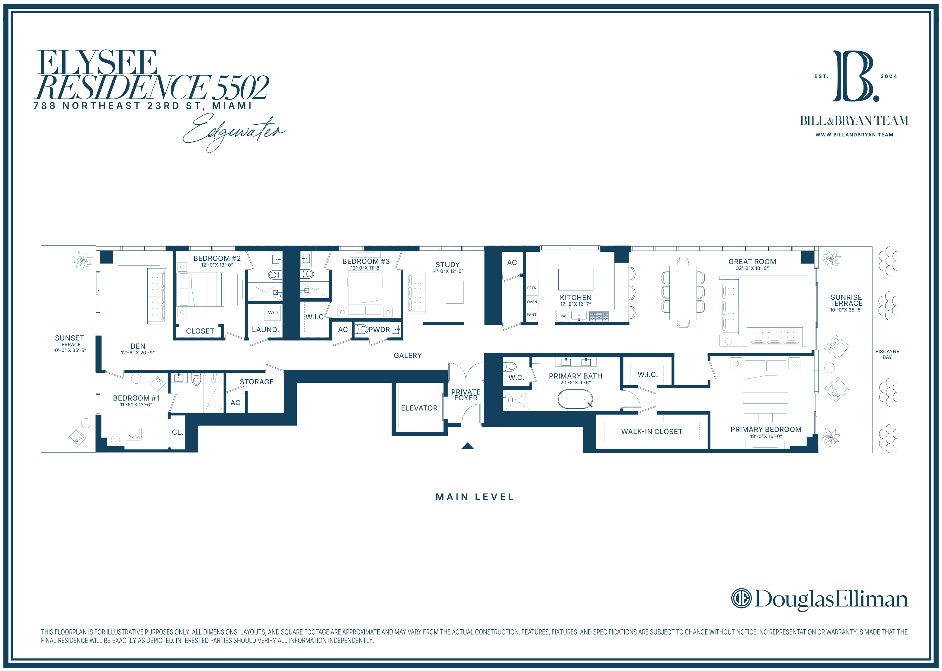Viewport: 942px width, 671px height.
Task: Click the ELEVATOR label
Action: point(419,408)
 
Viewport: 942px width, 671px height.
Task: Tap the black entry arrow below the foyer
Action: point(467,446)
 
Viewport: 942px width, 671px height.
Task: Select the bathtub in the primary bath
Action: point(575,399)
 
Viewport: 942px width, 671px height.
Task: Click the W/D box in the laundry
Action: point(273,313)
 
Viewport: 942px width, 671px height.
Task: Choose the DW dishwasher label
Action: point(562,316)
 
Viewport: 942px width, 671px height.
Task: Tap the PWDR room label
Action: point(379,330)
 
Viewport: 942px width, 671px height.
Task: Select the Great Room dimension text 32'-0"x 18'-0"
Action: point(752,268)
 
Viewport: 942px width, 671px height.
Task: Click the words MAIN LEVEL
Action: point(475,497)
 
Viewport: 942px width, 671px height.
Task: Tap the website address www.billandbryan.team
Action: point(854,135)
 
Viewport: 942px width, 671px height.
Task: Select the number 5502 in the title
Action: point(242,88)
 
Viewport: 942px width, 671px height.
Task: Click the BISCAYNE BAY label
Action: point(887,354)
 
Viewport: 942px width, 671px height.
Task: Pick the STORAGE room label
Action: point(257,382)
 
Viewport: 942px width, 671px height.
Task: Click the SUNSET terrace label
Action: point(69,338)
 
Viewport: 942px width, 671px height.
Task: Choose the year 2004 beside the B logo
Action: point(889,76)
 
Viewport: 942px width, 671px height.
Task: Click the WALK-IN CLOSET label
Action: point(652,432)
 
